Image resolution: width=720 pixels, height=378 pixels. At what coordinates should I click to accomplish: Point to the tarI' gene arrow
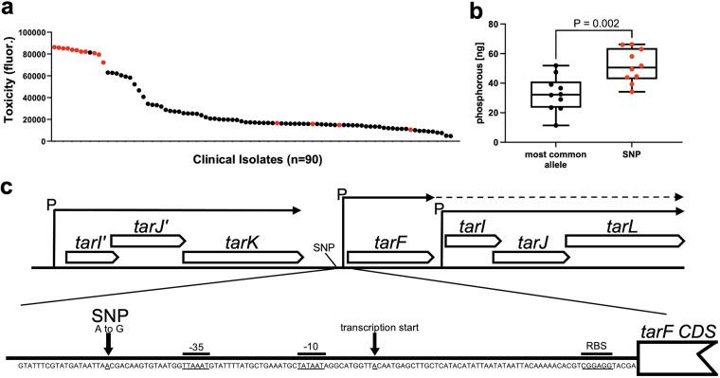91,257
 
